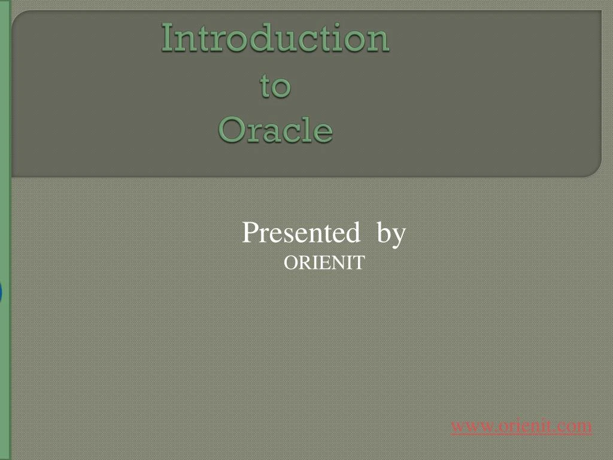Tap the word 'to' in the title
pyautogui.click(x=275, y=86)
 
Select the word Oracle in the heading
pyautogui.click(x=275, y=130)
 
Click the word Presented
pyautogui.click(x=301, y=233)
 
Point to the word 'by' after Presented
pyautogui.click(x=392, y=234)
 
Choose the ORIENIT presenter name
pyautogui.click(x=323, y=263)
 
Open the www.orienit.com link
pyautogui.click(x=521, y=426)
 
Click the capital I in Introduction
pyautogui.click(x=167, y=38)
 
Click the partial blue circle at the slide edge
pyautogui.click(x=1, y=293)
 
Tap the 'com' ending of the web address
pyautogui.click(x=577, y=426)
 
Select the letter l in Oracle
pyautogui.click(x=309, y=129)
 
